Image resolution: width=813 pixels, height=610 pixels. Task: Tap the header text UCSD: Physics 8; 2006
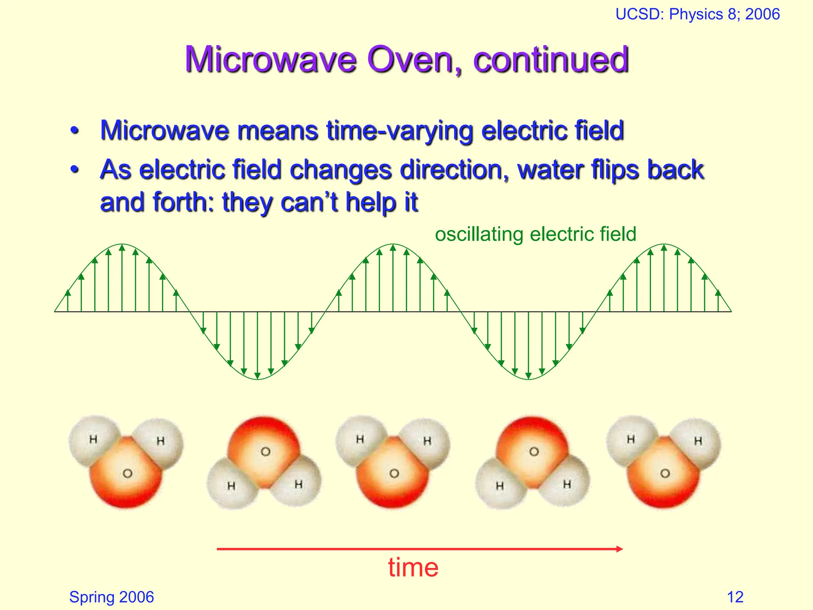coord(697,14)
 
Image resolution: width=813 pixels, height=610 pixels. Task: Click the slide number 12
coord(735,597)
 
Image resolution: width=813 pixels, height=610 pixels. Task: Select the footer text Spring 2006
coord(112,597)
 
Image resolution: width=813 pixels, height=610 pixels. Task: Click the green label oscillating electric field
coord(535,234)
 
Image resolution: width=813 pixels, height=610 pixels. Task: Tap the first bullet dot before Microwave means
coord(74,131)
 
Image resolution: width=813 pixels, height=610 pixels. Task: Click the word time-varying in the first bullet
coord(399,131)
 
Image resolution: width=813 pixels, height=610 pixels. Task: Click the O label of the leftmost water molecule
coord(127,473)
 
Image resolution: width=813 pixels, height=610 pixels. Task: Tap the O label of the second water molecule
coord(265,452)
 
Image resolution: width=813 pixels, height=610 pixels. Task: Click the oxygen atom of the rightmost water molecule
coord(665,473)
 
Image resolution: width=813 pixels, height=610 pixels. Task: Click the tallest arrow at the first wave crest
coord(122,278)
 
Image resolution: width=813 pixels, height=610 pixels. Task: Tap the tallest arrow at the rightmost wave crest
coord(664,278)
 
